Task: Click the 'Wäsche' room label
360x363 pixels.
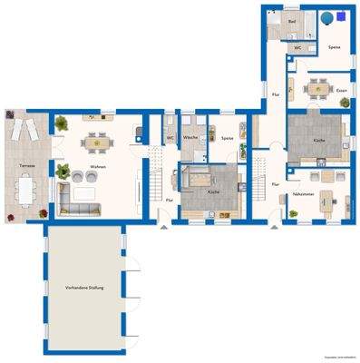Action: [190, 137]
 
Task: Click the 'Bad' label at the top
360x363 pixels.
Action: [292, 20]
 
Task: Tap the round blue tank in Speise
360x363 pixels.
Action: [339, 15]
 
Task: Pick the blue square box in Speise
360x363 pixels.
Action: [324, 17]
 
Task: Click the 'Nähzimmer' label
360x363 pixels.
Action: [304, 194]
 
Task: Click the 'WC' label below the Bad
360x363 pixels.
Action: [297, 45]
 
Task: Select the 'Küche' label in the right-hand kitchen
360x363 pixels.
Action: [318, 141]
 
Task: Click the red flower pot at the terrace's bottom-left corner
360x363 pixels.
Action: [7, 217]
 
